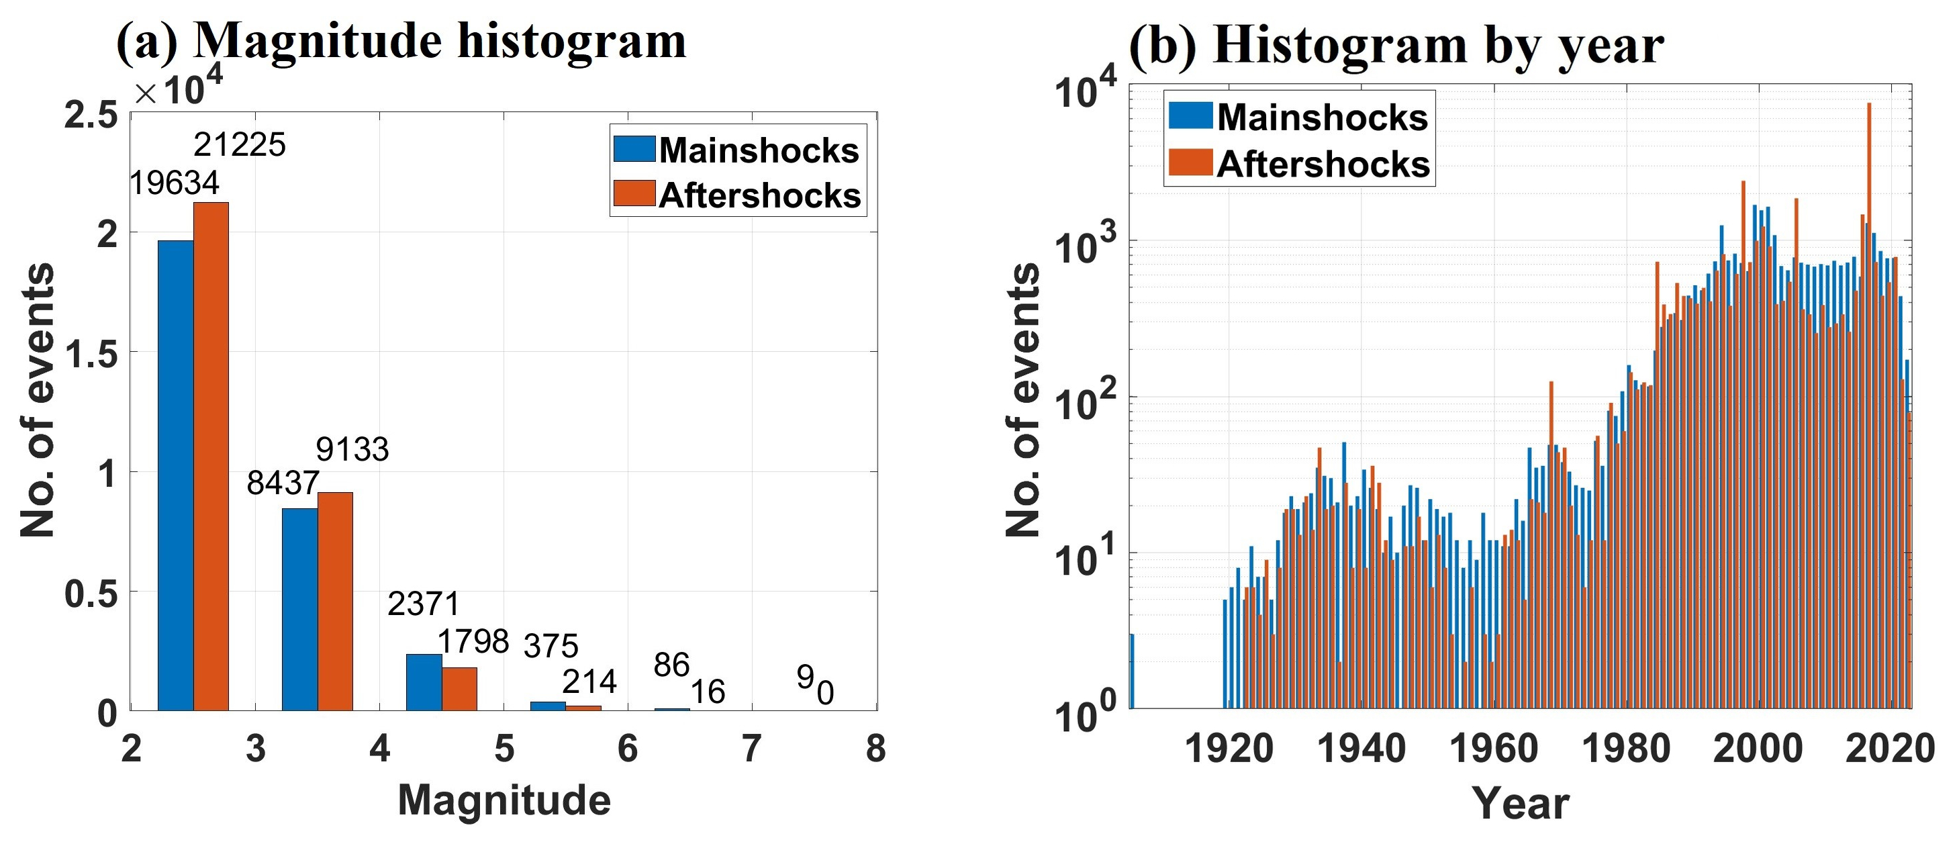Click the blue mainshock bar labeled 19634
(x=176, y=475)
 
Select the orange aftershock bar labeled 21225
(x=211, y=456)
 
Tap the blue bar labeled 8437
(x=299, y=609)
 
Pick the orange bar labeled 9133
(x=336, y=601)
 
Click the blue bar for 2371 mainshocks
(x=424, y=682)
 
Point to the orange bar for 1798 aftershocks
(x=459, y=689)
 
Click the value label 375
(x=551, y=647)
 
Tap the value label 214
(x=589, y=682)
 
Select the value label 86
(x=671, y=665)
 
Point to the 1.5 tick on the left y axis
(x=91, y=354)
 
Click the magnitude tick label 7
(x=751, y=749)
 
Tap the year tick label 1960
(x=1494, y=749)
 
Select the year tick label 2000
(x=1758, y=749)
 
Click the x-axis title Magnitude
(x=504, y=800)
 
